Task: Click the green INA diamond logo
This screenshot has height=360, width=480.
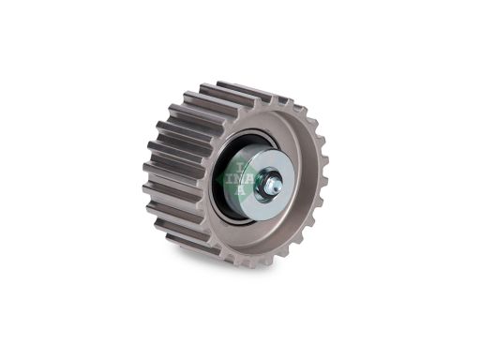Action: point(238,179)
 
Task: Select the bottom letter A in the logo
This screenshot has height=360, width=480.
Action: point(240,190)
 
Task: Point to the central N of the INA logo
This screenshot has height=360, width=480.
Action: point(239,179)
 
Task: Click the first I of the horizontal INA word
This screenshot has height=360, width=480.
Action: point(229,179)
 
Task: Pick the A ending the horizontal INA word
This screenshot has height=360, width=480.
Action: point(251,179)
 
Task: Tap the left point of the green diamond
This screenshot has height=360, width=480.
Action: point(217,179)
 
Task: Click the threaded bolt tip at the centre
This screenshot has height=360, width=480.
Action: point(275,187)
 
